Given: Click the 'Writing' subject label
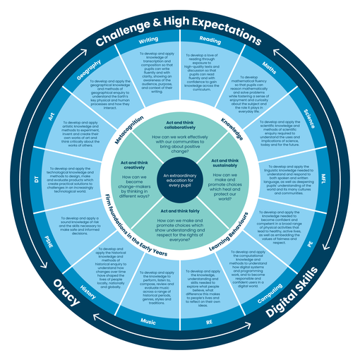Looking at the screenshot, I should click(148, 40).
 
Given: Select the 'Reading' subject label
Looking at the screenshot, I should click(210, 40).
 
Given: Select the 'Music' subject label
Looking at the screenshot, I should click(149, 321).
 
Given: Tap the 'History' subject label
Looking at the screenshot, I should click(88, 291).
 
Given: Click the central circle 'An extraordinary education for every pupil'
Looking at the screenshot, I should click(180, 179).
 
